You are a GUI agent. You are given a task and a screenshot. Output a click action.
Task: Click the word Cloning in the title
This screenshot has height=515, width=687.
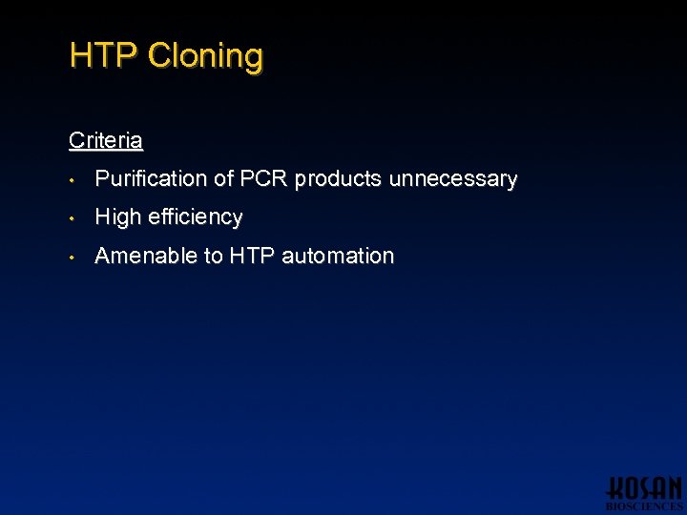205,55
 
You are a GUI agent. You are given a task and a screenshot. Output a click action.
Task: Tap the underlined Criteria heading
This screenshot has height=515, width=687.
106,141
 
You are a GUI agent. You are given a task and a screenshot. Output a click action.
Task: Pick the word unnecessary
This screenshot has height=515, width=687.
453,179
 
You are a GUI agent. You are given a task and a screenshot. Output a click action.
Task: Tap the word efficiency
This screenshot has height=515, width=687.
196,217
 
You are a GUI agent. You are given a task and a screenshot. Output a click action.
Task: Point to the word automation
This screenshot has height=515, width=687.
338,256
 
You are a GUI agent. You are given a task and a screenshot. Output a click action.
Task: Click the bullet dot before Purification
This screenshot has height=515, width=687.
73,179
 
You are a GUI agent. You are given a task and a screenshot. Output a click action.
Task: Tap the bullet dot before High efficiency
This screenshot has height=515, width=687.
73,218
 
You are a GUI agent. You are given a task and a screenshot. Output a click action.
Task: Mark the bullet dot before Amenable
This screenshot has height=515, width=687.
73,257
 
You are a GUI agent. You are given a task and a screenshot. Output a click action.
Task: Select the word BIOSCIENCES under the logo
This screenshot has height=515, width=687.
645,506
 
